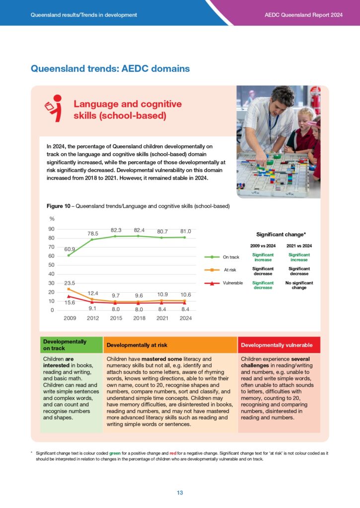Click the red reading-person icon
coord(54,109)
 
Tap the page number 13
coord(180,493)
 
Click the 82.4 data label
coord(140,230)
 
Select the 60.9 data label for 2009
coord(70,249)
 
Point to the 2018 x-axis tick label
coord(140,318)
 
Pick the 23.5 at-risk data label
coord(70,284)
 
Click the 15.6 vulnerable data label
coord(70,302)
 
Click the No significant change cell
coord(299,285)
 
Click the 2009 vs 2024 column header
coord(263,246)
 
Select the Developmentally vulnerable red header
coord(277,344)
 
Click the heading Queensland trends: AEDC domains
coord(110,68)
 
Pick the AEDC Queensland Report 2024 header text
coord(304,15)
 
